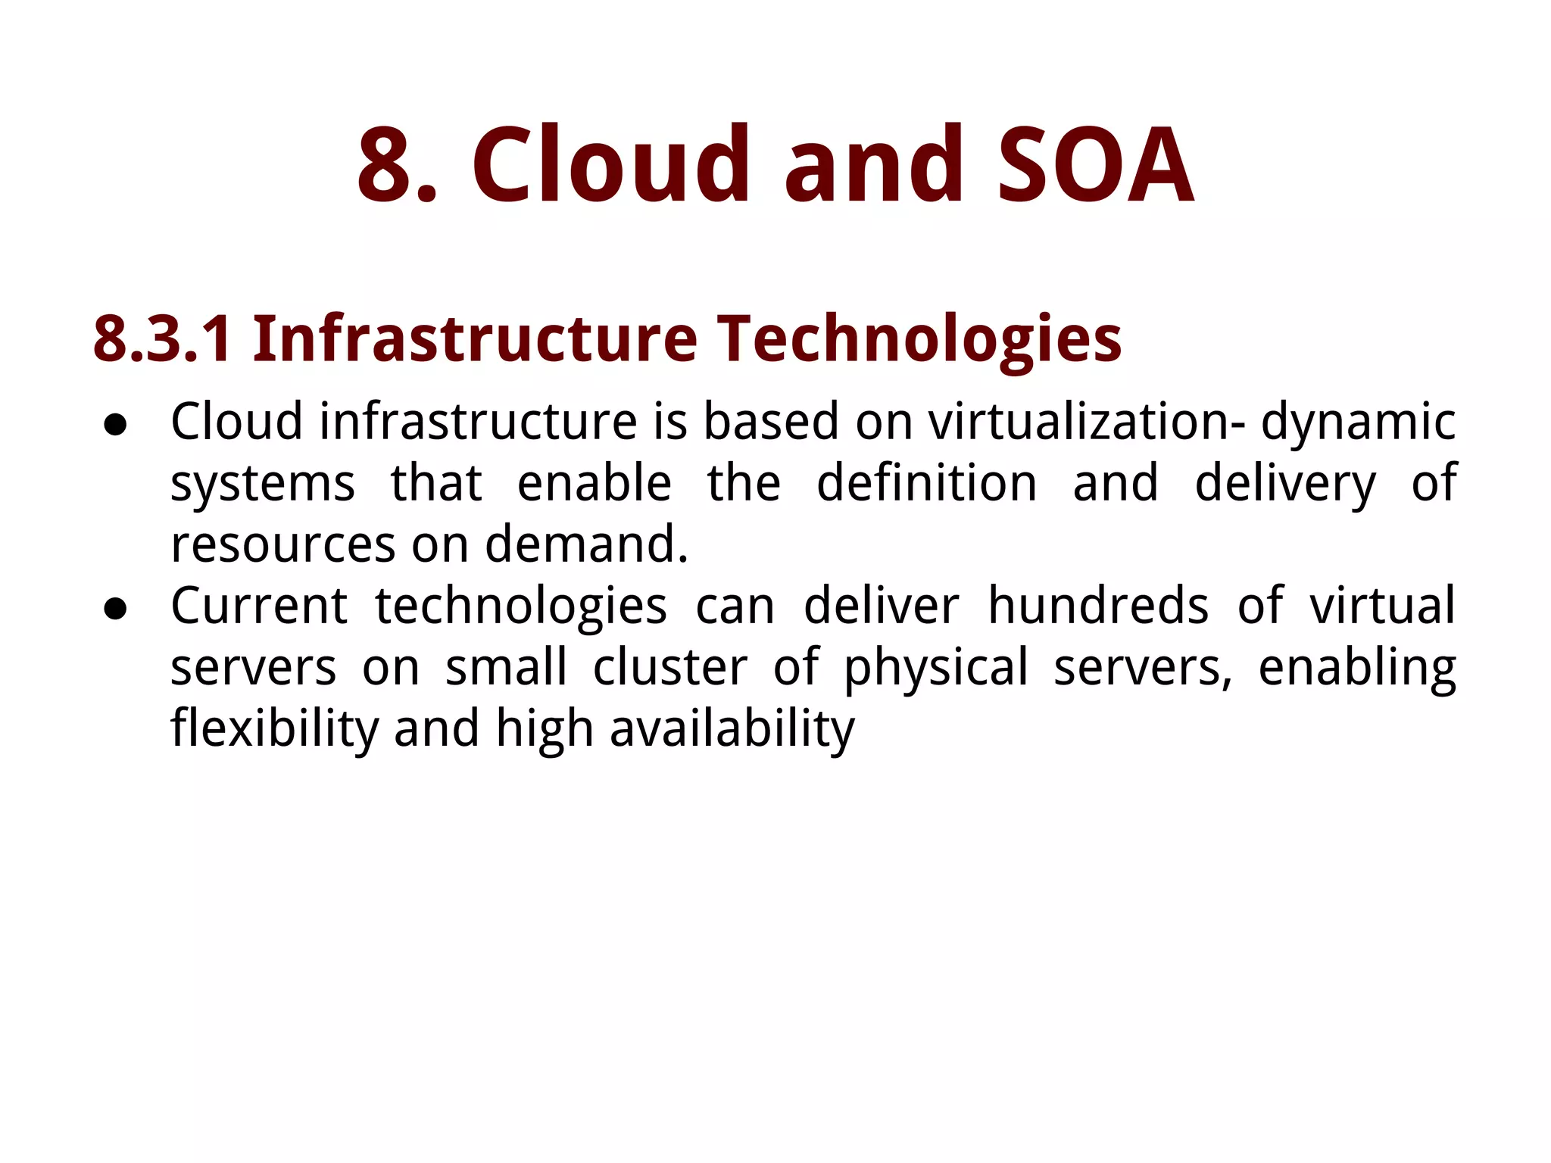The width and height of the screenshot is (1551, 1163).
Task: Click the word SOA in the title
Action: pos(1095,165)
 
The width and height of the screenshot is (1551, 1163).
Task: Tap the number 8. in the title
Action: pos(397,165)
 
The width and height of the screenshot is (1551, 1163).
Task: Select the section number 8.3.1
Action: pos(162,338)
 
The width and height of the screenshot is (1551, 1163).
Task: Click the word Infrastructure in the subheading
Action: pos(475,338)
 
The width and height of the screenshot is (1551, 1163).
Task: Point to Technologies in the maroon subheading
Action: pos(919,338)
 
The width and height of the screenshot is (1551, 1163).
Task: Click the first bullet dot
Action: pos(115,426)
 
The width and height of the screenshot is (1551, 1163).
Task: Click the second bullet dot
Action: pos(115,610)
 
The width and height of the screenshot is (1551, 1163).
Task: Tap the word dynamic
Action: pos(1358,421)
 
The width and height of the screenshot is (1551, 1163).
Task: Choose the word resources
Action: pos(283,544)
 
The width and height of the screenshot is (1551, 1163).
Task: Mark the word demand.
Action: pos(586,544)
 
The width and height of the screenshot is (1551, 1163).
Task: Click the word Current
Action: pos(259,606)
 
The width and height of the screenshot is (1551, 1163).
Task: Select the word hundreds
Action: pos(1098,606)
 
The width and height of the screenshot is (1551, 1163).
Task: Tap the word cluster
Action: pos(670,667)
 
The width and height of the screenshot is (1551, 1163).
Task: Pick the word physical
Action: pos(936,667)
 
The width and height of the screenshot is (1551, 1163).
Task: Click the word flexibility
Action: pos(274,728)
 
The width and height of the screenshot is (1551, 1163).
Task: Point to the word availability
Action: pos(732,728)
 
